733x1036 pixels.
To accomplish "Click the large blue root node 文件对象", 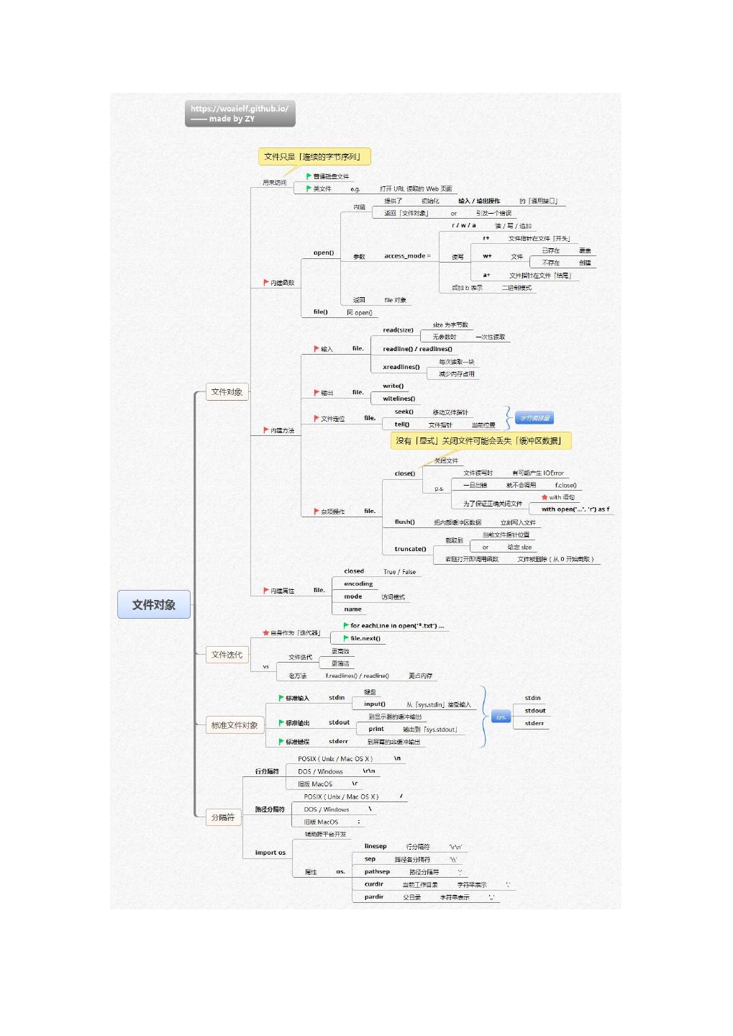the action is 154,605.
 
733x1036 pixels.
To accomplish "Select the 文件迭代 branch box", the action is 227,655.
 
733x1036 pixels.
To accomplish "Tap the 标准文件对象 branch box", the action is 235,725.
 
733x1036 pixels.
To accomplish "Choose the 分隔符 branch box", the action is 223,817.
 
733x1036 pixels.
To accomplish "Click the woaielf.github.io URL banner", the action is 240,114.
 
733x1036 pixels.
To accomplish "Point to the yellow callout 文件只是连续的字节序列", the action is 314,157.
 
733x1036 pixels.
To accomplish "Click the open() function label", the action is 324,253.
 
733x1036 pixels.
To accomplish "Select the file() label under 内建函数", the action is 320,312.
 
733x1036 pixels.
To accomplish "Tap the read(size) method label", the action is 398,330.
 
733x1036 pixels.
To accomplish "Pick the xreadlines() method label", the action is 401,367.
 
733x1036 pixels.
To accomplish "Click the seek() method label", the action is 404,412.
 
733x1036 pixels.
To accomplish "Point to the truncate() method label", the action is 410,549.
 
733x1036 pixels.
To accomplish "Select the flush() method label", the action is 404,522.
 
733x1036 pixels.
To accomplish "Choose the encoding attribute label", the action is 358,584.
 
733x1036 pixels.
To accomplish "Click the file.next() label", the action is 365,639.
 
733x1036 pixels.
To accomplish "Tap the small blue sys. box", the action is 501,717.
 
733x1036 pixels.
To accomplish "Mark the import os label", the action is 270,853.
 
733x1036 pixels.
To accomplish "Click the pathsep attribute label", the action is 377,872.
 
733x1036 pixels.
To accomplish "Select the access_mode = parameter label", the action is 407,256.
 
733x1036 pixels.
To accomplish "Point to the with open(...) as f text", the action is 575,509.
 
